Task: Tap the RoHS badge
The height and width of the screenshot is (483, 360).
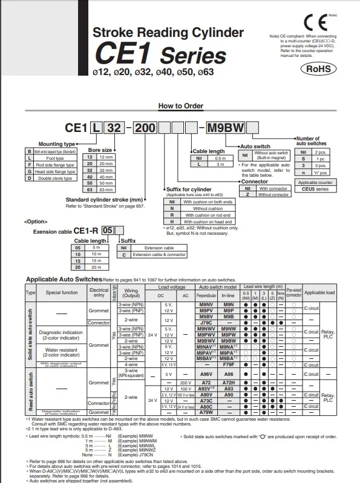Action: click(317, 69)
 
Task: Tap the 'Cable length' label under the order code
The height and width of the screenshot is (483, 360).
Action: click(208, 151)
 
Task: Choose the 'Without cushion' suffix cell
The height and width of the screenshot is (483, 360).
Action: click(200, 208)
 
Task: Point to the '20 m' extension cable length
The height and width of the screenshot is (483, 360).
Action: click(96, 267)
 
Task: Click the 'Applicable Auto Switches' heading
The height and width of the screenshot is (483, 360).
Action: click(64, 279)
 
